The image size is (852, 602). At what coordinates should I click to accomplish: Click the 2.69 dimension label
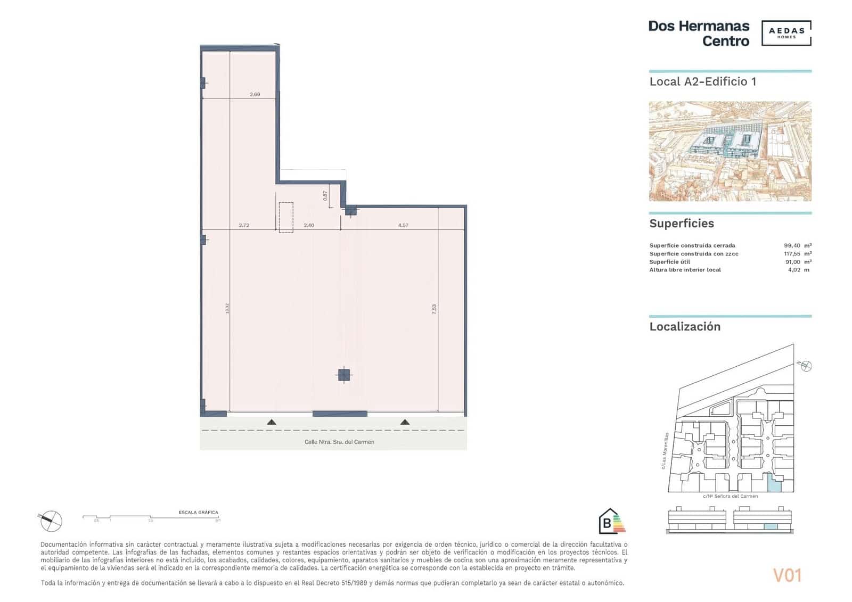tap(255, 95)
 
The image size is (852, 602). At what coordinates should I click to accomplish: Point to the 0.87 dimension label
tap(325, 195)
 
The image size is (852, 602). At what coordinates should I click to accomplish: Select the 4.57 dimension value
tap(403, 226)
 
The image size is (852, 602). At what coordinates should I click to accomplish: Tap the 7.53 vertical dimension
tap(434, 309)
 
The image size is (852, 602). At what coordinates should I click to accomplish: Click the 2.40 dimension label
tap(309, 226)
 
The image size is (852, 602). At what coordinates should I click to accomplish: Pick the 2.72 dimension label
tap(244, 226)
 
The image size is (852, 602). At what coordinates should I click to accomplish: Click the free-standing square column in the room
tap(345, 375)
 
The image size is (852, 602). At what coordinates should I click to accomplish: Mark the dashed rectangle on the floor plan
tap(286, 217)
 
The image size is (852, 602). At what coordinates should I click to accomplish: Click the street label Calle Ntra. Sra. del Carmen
tap(339, 442)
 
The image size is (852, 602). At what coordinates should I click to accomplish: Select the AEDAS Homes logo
tap(786, 33)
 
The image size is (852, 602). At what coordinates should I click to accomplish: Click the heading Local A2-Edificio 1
tap(702, 82)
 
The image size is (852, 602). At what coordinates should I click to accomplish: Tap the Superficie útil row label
tap(669, 262)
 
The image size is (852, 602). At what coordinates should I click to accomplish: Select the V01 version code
tap(787, 575)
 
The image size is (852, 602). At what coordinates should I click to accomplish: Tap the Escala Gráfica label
tap(198, 513)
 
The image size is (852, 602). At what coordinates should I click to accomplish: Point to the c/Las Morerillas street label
tap(665, 451)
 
